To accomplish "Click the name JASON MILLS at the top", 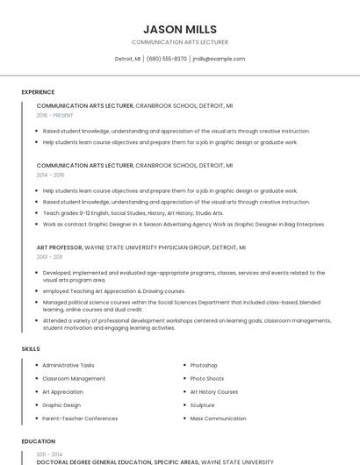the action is pos(179,29).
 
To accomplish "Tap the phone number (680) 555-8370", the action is pos(166,59).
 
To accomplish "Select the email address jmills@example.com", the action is pos(218,59).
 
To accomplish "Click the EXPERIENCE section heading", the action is pos(38,92).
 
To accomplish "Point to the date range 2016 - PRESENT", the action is pos(54,115).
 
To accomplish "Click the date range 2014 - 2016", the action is pos(50,175).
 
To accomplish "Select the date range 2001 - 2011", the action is pos(49,257).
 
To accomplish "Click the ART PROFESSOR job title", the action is pos(58,247).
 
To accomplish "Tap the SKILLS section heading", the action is pos(31,349).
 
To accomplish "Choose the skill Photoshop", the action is pos(204,365).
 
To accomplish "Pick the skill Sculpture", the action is pos(202,405).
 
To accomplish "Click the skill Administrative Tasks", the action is pos(68,365).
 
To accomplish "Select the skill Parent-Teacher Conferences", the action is pos(80,418).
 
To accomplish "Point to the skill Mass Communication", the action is pos(218,418).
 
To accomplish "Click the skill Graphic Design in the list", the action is pos(61,405).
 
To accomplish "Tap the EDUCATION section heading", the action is pos(38,441).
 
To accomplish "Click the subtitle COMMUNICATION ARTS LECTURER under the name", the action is pos(179,42).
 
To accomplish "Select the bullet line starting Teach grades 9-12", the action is pos(133,212).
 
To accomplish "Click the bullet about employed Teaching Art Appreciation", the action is pos(113,290).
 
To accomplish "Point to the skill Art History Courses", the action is pos(213,392).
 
